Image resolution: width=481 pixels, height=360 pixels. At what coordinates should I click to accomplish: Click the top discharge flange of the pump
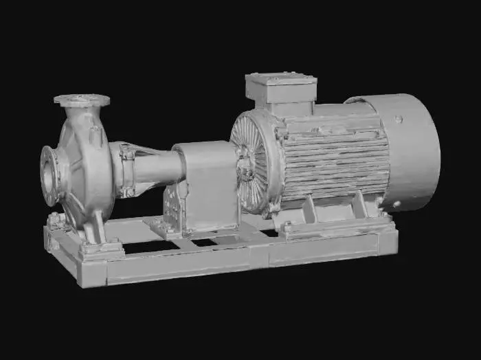82,100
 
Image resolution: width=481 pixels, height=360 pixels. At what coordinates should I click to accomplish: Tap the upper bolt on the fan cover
399,120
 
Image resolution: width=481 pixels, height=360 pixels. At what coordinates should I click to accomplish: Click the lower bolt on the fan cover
396,204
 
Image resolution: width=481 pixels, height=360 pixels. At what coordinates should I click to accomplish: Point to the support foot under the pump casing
96,234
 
